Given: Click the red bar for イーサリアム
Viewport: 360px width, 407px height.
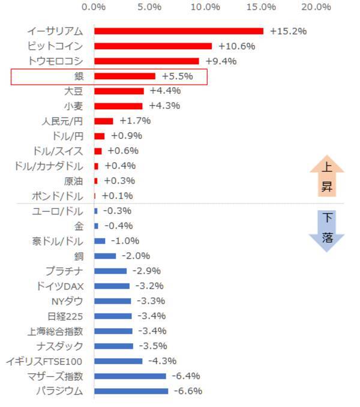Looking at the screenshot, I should coord(178,31).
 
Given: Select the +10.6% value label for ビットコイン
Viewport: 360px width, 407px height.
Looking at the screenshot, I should coord(236,46).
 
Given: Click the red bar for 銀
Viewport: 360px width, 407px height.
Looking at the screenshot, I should coord(124,76).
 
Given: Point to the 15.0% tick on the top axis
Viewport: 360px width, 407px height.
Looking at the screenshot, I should coord(260,7).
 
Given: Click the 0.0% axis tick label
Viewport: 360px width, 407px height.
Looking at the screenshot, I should coord(94,7).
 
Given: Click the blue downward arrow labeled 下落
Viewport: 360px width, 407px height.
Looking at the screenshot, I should coord(326,229).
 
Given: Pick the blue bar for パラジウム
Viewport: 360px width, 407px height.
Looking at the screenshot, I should coord(131,391).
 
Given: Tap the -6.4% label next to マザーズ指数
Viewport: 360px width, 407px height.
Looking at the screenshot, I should coord(186,376).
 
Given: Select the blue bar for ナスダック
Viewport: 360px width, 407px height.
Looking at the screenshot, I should coord(113,346).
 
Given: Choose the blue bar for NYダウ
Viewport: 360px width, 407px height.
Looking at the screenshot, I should coord(112,301).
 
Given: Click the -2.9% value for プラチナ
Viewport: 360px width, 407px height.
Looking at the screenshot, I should coord(146,271).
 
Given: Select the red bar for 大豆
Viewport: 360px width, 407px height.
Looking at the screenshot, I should coord(119,91).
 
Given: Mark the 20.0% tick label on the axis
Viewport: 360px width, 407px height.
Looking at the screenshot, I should coord(316,7).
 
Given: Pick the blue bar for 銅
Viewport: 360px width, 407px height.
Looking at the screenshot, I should coord(105,256).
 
